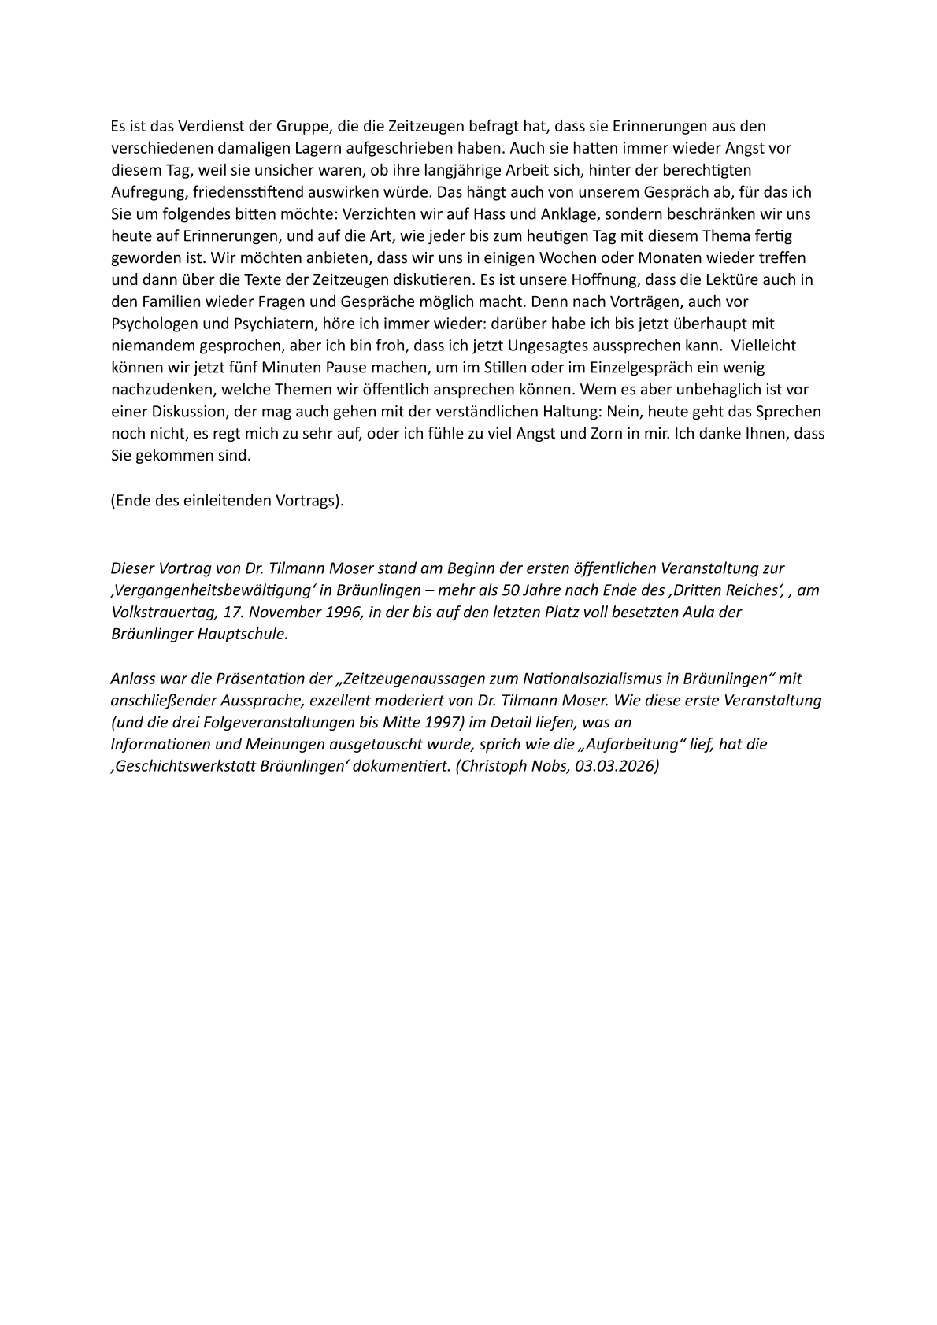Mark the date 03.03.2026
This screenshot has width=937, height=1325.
(x=613, y=766)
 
